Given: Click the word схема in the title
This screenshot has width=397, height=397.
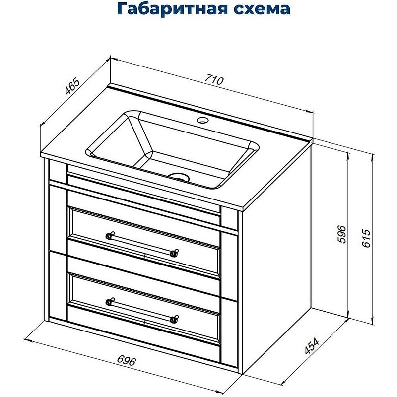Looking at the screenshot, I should [x=260, y=10].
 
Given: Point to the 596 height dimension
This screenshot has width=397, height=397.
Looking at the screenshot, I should [x=340, y=234].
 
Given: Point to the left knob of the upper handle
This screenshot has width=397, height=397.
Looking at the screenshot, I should [x=110, y=234].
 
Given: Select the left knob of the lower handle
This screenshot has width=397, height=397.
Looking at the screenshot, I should [x=110, y=300].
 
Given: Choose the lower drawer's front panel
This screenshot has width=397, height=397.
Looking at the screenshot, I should [x=144, y=323].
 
